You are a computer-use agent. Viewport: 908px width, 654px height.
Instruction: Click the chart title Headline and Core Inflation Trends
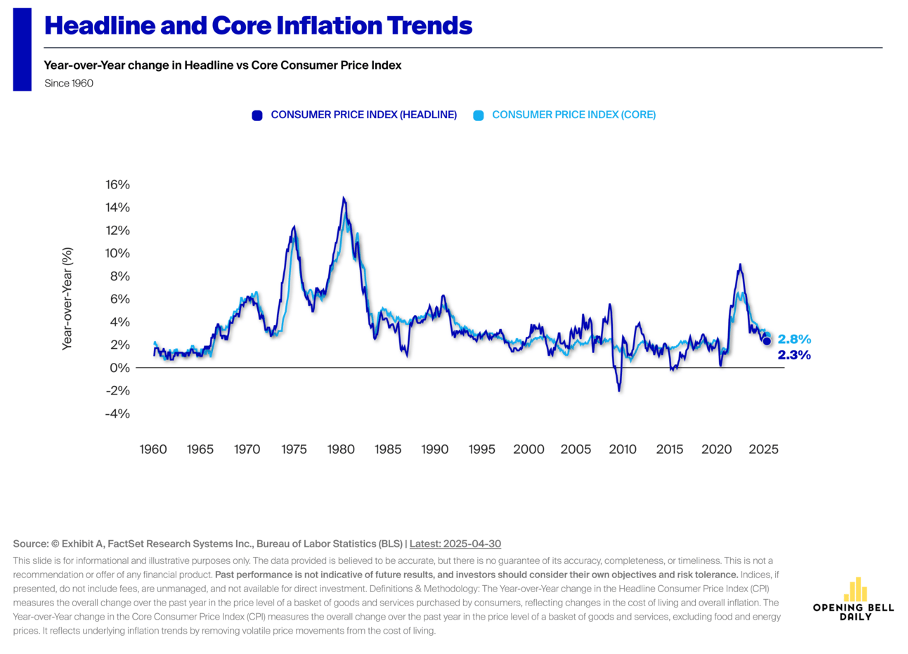click(258, 26)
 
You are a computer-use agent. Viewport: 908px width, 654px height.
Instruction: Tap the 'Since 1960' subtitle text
click(69, 83)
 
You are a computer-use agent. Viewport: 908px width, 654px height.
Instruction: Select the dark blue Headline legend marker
click(257, 115)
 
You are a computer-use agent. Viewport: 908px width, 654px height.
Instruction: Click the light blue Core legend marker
click(479, 115)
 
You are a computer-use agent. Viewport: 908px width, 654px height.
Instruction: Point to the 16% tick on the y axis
click(117, 184)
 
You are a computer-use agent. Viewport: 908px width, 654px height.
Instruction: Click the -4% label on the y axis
click(117, 413)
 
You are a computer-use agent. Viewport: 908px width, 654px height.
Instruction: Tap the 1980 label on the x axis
click(341, 449)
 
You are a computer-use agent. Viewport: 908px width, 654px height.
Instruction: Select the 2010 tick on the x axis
click(623, 449)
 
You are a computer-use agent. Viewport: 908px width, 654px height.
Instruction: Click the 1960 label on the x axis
click(153, 449)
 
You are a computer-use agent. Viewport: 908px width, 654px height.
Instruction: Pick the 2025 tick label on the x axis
click(763, 449)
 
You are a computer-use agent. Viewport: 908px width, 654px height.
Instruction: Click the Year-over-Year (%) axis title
click(67, 298)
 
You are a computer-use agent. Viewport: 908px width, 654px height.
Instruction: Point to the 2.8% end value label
click(794, 340)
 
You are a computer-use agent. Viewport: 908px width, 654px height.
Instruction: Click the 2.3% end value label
click(794, 355)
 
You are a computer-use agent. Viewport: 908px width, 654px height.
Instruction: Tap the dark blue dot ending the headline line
click(767, 341)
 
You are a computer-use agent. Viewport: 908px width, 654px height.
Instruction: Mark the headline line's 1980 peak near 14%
click(343, 198)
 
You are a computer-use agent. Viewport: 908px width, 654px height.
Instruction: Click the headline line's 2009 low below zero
click(619, 390)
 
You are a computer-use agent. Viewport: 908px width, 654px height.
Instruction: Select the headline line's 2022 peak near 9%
click(740, 264)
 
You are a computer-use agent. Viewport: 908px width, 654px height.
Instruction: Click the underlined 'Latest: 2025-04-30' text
click(455, 544)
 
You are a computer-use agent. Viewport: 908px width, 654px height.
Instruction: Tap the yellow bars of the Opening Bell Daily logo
click(855, 590)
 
